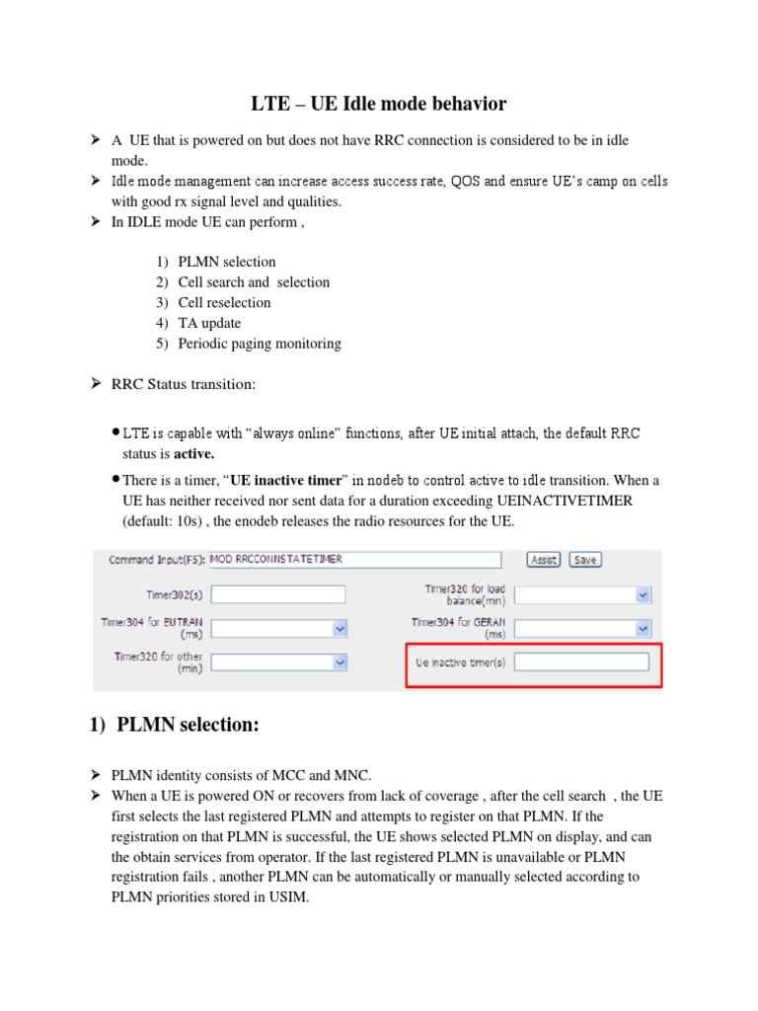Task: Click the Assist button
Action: coord(543,559)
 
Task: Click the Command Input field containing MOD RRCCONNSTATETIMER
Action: coord(355,560)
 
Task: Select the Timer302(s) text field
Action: coord(278,594)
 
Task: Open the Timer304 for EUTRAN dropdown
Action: coord(278,629)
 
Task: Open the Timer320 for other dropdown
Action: coord(278,662)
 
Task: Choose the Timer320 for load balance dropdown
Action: coord(583,594)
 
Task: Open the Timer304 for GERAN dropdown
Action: coord(583,629)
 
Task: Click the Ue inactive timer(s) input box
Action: coord(582,662)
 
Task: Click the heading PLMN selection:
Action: coord(188,726)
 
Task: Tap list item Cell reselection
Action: coord(224,302)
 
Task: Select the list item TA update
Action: coord(209,323)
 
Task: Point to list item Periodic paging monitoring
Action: coord(260,344)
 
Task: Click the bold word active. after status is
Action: coord(194,454)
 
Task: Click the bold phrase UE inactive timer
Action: coord(285,481)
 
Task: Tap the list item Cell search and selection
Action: coord(254,282)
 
